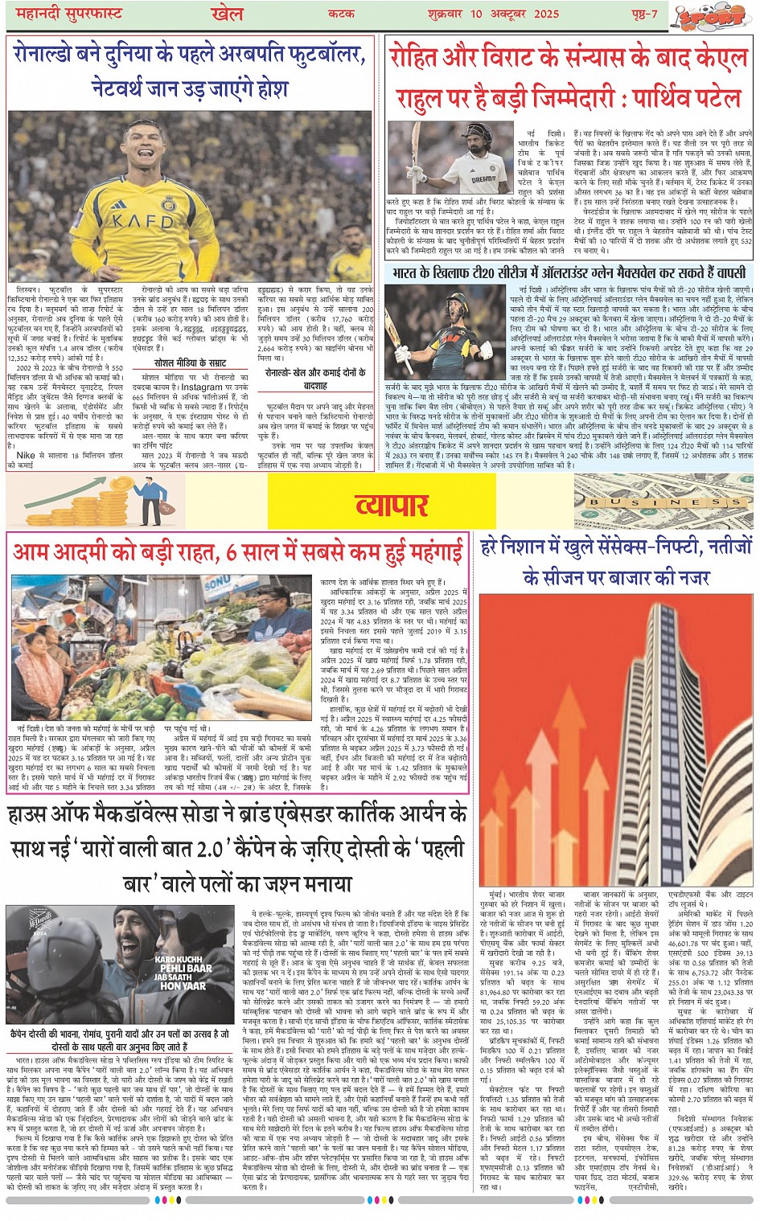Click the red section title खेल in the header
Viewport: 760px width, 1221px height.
[227, 14]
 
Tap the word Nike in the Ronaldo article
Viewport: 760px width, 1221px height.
[26, 455]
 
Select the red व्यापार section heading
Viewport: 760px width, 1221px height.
[392, 504]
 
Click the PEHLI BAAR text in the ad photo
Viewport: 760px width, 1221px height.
[186, 968]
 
